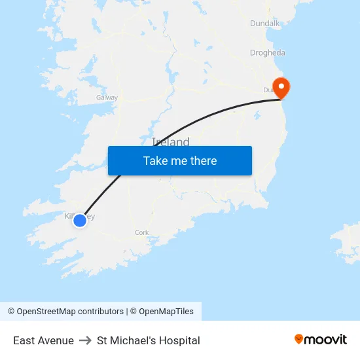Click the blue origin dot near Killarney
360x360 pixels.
(x=79, y=221)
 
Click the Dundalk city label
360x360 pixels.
(x=264, y=24)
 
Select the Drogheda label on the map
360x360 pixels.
(x=267, y=53)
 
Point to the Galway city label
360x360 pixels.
(x=107, y=98)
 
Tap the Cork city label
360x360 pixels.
(x=142, y=232)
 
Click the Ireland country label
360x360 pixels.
(x=171, y=142)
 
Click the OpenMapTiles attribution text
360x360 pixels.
(x=166, y=312)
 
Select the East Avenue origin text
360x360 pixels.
(x=43, y=340)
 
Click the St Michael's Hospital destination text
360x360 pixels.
(x=149, y=340)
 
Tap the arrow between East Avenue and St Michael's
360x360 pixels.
(x=85, y=340)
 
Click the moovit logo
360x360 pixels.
(x=320, y=339)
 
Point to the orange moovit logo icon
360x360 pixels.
(x=299, y=339)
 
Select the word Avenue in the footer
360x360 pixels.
(x=56, y=340)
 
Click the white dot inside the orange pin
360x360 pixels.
(x=281, y=85)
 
